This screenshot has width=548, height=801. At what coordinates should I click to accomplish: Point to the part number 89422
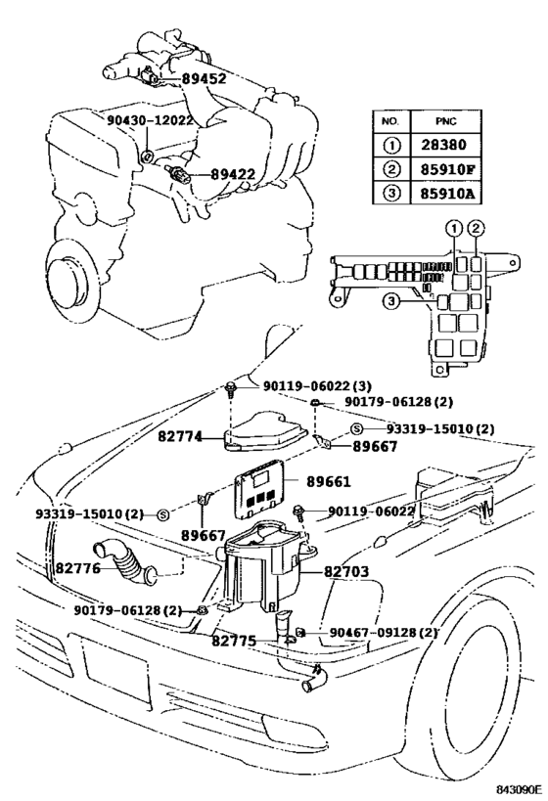[232, 175]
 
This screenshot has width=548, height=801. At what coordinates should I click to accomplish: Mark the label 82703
[328, 567]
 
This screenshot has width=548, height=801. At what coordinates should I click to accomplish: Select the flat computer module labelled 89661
[262, 492]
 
